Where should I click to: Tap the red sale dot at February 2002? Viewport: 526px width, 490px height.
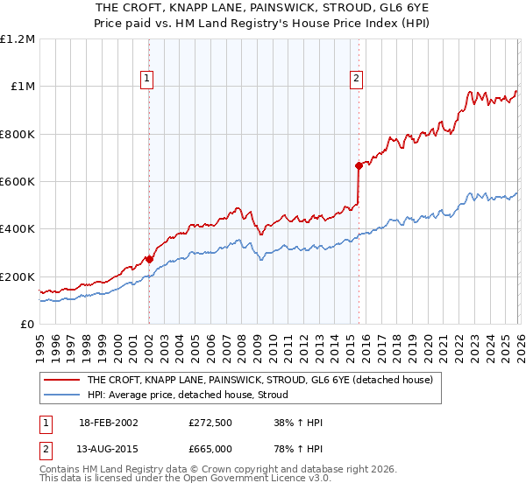point(149,259)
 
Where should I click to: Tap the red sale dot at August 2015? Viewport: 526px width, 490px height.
point(359,165)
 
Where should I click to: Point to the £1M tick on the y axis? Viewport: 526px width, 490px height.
point(23,87)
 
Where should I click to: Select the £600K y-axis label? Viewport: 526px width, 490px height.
point(18,182)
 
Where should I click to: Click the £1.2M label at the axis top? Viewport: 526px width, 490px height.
point(18,39)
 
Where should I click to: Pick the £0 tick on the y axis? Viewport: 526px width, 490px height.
point(28,325)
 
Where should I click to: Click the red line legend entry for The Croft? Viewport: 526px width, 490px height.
point(259,381)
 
